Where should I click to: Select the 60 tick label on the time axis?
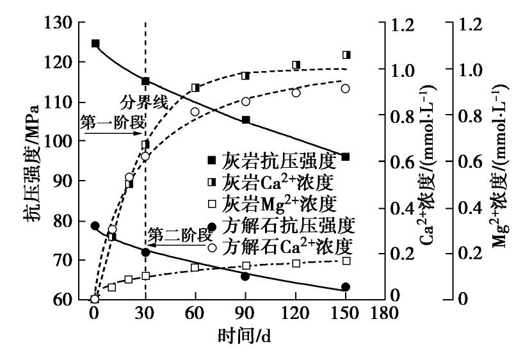(x=195, y=316)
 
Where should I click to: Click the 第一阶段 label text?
(x=110, y=122)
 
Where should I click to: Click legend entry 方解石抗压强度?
(x=284, y=225)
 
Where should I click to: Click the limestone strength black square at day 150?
(x=346, y=157)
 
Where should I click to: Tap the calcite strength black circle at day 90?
(x=245, y=276)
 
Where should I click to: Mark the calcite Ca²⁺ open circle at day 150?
(x=346, y=88)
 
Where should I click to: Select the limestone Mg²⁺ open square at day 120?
(x=296, y=263)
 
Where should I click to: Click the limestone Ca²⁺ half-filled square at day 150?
(x=346, y=55)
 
